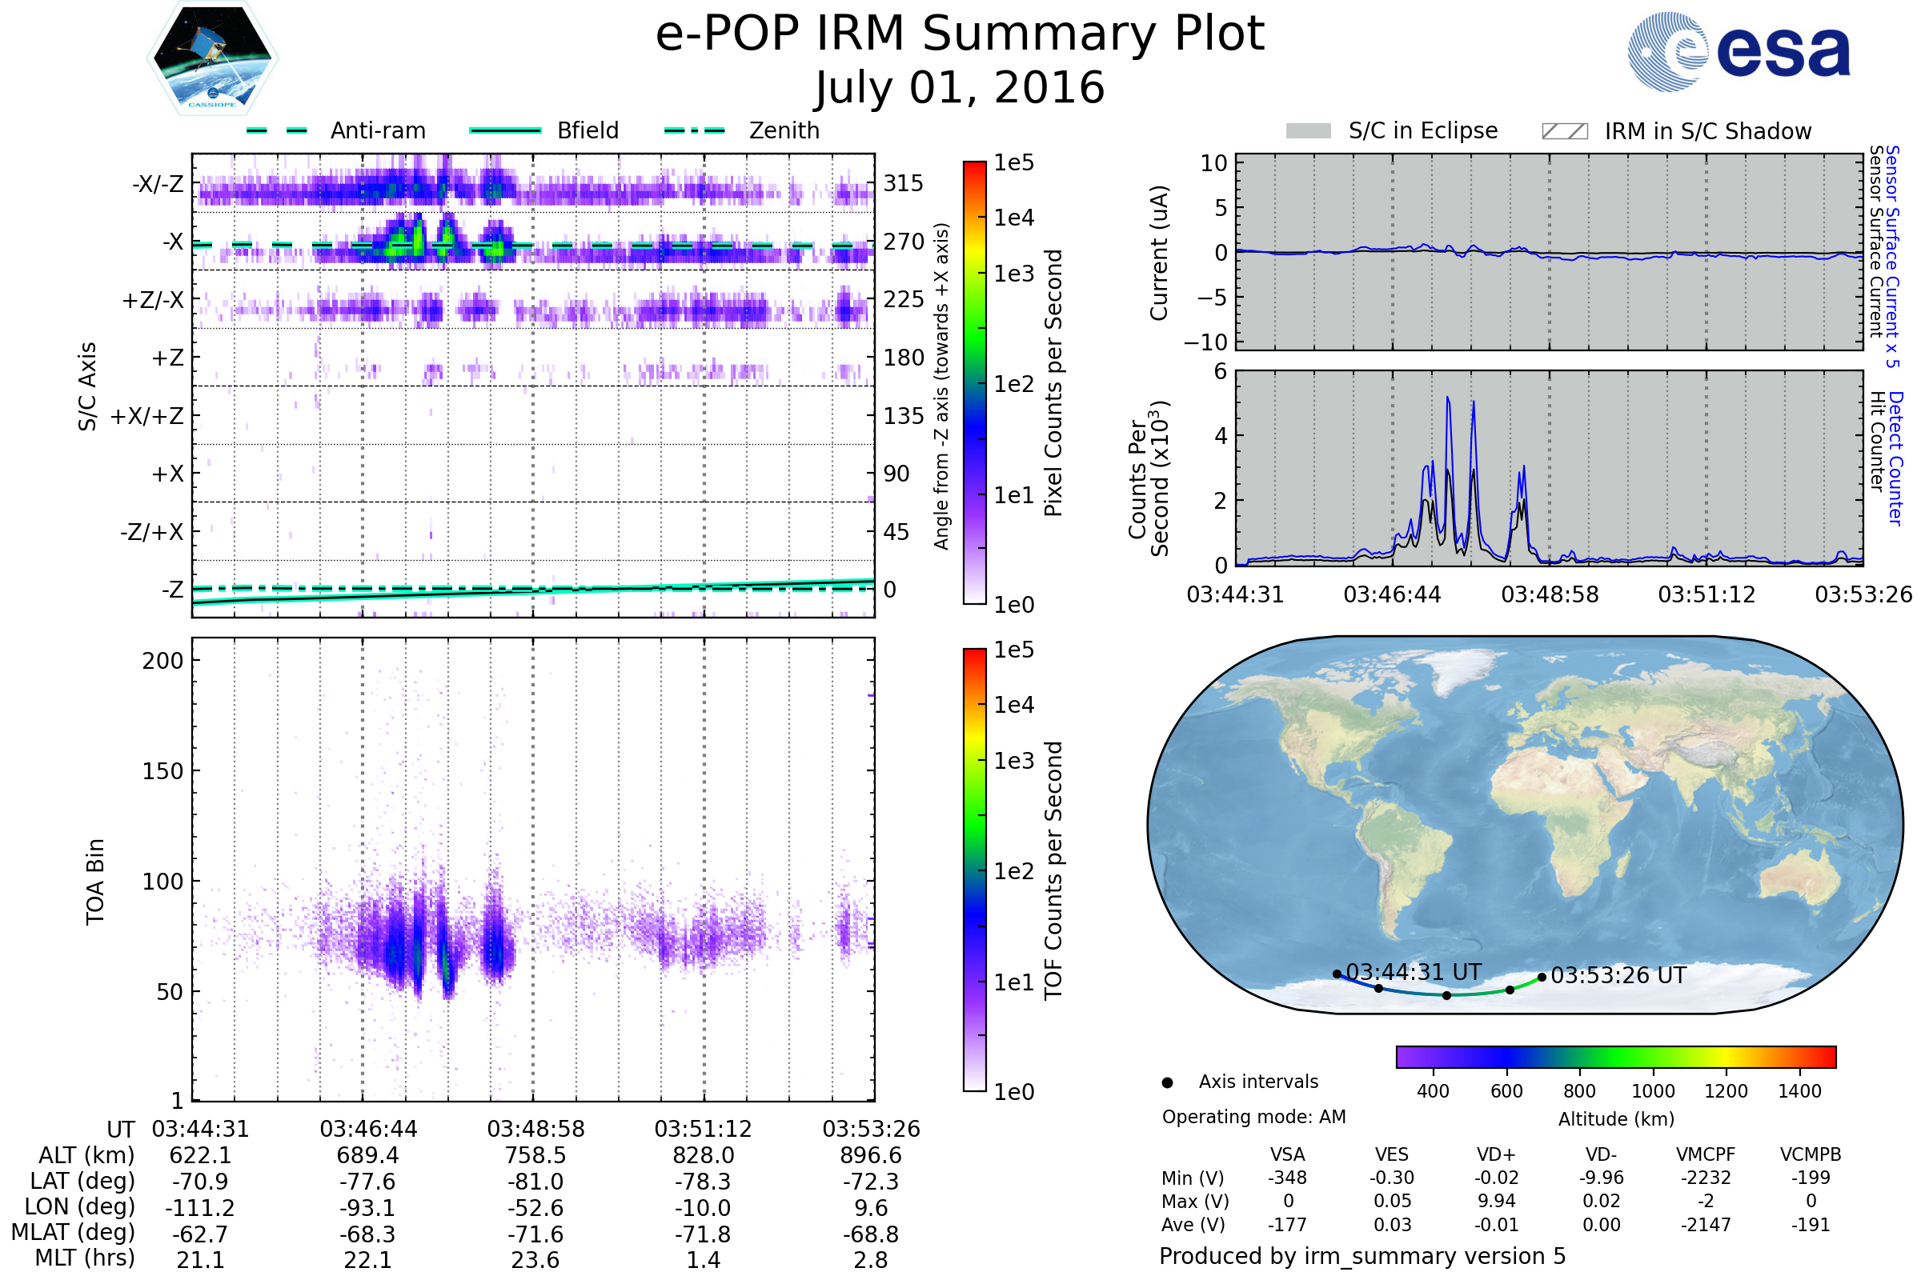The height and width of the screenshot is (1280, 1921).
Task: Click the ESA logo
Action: [1739, 51]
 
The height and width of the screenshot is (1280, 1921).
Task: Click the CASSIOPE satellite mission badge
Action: [212, 58]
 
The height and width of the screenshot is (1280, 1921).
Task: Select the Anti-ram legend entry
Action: [335, 130]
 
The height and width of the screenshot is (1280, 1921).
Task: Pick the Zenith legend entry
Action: [742, 130]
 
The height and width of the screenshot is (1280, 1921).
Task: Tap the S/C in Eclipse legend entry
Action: [1392, 130]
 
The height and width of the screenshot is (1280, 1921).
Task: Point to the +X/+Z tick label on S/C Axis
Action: [147, 416]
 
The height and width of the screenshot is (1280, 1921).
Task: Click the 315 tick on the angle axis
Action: [904, 183]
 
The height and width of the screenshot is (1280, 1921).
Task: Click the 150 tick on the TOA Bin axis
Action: [162, 771]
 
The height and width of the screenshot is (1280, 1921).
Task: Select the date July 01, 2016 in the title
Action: [960, 87]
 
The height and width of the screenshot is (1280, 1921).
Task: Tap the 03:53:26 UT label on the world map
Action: [1618, 975]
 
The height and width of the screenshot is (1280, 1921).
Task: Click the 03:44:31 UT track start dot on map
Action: [1337, 974]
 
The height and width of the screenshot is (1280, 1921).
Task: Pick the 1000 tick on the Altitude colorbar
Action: [1653, 1091]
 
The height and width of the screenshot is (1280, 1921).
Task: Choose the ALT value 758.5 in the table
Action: [535, 1156]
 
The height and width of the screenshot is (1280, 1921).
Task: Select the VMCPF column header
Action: [1706, 1155]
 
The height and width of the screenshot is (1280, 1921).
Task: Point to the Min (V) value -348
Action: [1287, 1178]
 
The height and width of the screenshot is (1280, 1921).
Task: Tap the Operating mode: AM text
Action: [1253, 1117]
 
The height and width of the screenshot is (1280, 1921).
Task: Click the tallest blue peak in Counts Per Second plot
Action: [1447, 398]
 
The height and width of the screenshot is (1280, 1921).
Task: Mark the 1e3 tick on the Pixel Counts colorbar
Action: [1013, 274]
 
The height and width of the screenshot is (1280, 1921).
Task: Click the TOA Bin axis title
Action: [95, 882]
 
